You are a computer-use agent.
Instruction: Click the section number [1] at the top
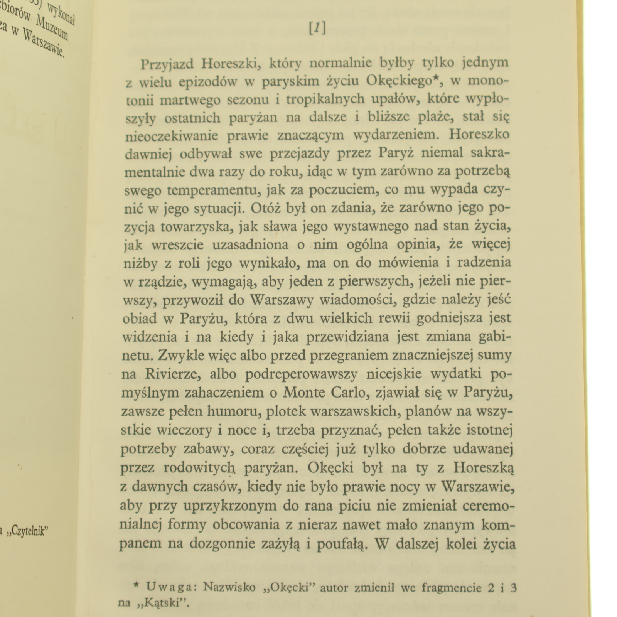(317, 28)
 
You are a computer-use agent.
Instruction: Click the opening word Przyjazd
(167, 64)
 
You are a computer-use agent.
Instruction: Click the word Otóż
(266, 208)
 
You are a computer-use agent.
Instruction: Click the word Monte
(304, 393)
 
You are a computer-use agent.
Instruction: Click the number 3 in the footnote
(512, 587)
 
